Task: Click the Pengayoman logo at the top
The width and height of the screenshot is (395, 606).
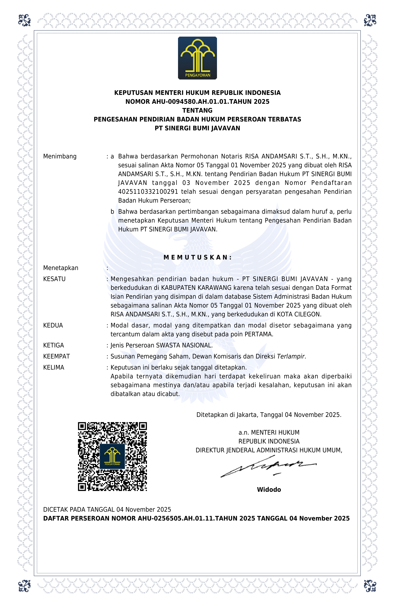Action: pyautogui.click(x=197, y=58)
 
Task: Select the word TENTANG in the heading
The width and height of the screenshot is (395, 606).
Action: pyautogui.click(x=197, y=111)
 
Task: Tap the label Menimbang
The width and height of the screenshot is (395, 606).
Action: pyautogui.click(x=60, y=156)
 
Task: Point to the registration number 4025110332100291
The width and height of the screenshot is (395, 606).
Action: pyautogui.click(x=148, y=192)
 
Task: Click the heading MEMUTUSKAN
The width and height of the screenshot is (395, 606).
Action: pyautogui.click(x=197, y=257)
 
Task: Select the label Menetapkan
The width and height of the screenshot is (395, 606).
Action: pyautogui.click(x=61, y=268)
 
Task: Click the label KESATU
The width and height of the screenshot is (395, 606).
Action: pyautogui.click(x=54, y=279)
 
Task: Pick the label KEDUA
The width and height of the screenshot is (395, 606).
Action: pyautogui.click(x=53, y=326)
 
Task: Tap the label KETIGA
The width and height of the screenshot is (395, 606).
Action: pyautogui.click(x=53, y=345)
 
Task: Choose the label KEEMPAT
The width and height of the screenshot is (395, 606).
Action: pyautogui.click(x=56, y=357)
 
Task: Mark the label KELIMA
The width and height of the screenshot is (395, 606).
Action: pyautogui.click(x=53, y=367)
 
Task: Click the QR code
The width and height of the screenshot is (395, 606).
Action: pyautogui.click(x=112, y=457)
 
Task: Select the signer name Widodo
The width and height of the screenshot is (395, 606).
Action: pyautogui.click(x=269, y=490)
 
